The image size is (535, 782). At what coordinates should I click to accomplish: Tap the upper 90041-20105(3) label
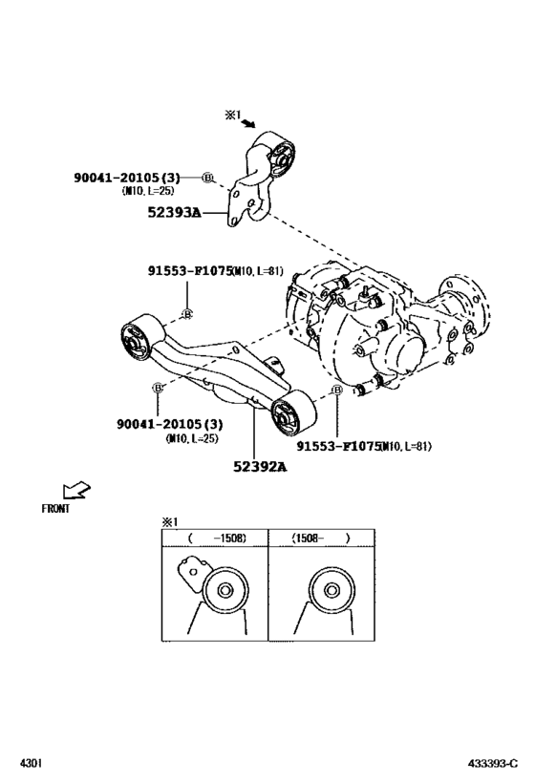point(126,178)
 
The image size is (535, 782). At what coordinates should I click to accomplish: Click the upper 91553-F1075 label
point(190,270)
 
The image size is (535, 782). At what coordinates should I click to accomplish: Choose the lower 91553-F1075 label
point(338,446)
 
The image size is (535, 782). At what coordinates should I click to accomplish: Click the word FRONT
point(55,509)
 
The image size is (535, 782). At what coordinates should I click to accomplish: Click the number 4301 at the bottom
point(31,764)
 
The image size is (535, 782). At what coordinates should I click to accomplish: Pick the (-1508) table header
point(216,539)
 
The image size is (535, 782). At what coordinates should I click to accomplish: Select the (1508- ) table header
point(321,539)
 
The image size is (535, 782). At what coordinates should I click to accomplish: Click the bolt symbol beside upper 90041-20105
point(208,178)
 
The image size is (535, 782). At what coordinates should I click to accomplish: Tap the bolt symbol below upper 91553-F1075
point(187,313)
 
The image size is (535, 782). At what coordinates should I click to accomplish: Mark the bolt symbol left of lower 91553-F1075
point(336,391)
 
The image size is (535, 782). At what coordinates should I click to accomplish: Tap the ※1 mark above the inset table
point(169,521)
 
